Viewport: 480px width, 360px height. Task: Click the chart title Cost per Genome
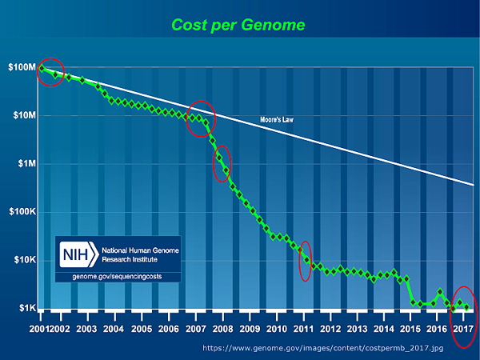coord(239,25)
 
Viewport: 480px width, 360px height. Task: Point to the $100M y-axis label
coord(22,67)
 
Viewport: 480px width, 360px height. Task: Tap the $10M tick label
coord(23,115)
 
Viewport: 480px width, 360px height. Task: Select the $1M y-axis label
coord(25,164)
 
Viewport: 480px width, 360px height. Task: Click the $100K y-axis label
coord(22,212)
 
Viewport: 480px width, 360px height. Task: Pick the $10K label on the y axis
coord(23,260)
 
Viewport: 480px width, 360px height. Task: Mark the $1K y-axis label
coord(25,309)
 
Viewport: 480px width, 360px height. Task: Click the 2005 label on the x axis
coord(141,329)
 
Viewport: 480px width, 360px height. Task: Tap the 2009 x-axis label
coord(250,329)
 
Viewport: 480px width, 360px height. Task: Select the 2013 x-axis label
coord(358,329)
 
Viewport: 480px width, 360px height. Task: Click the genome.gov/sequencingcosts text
coord(118,276)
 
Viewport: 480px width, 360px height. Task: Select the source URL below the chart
coord(339,349)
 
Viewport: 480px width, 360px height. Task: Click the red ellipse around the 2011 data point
coord(305,262)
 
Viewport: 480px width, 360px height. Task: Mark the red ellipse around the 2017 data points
coord(463,316)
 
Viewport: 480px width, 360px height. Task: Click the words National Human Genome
coord(139,250)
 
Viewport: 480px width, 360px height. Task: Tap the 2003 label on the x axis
coord(86,329)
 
